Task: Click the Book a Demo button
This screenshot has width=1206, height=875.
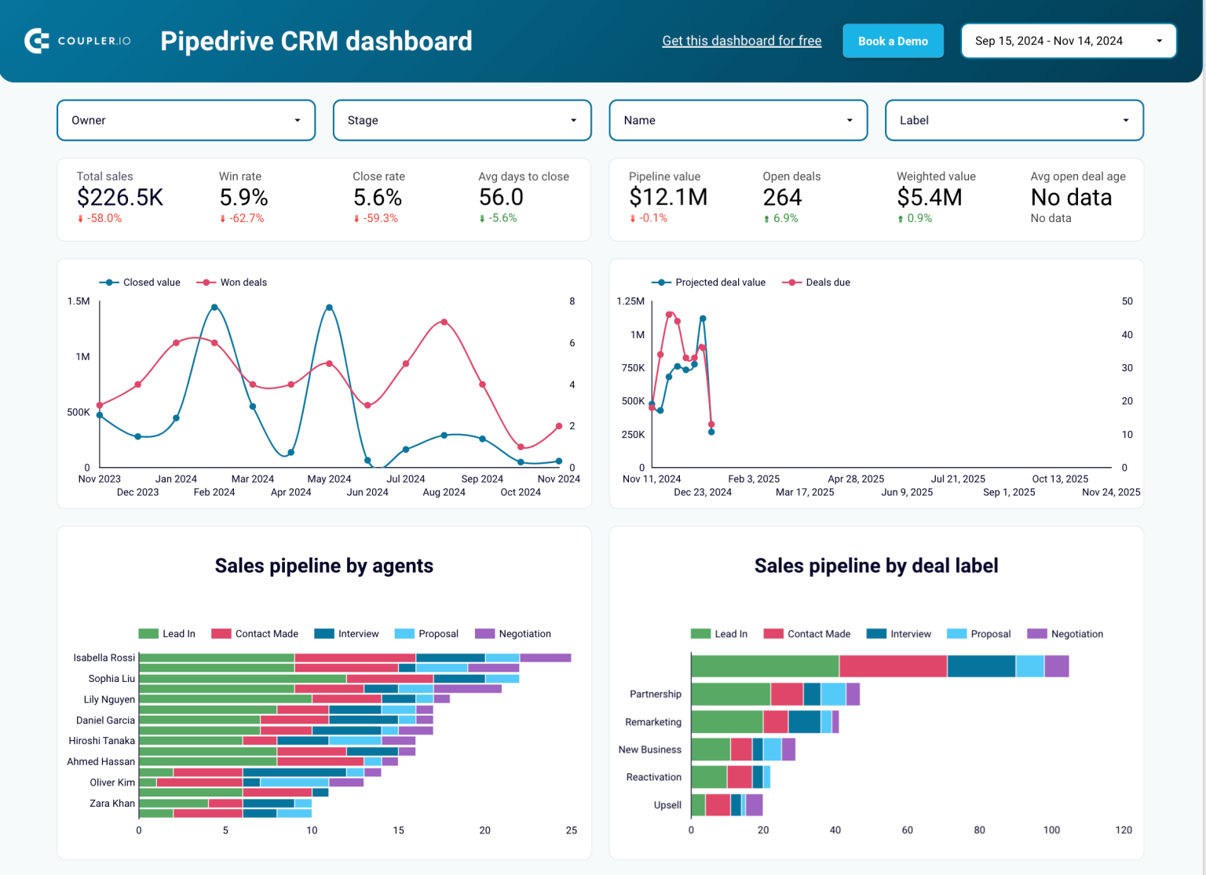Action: pos(893,41)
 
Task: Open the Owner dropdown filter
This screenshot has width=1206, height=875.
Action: pos(186,120)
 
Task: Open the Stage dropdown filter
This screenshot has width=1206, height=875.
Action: pos(462,120)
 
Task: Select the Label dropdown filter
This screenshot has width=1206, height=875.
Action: pos(1014,120)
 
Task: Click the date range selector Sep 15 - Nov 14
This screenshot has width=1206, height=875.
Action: pos(1068,41)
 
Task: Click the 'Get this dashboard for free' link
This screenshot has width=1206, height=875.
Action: pos(741,41)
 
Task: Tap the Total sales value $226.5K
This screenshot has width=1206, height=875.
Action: pos(120,198)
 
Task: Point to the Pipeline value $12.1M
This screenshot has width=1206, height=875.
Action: pos(668,198)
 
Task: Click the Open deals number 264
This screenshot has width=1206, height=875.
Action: pos(782,198)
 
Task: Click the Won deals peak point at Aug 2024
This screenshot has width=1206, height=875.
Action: pos(444,323)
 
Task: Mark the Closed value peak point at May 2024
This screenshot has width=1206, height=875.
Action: pos(329,308)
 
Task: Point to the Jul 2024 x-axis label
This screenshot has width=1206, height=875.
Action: pos(406,479)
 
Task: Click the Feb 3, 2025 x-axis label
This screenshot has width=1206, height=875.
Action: pos(754,479)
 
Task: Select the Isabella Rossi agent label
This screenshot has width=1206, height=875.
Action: pos(104,658)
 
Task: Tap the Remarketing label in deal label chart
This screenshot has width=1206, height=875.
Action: pos(652,722)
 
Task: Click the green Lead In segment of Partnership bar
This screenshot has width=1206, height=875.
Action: pos(730,695)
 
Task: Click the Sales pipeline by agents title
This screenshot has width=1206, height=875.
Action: pos(323,566)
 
